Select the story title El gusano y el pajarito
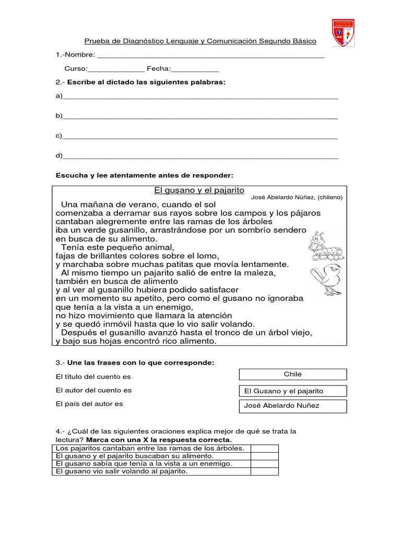199,190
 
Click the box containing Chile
293,374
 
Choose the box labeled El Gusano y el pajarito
293,391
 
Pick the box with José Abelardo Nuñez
293,406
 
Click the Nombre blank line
211,55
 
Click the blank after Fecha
195,69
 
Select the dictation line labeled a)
199,96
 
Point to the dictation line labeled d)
199,156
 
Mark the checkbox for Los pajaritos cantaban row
264,448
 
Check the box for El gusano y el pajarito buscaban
264,456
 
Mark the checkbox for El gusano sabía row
264,464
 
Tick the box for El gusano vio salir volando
264,471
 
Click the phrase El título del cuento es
93,377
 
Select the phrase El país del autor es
89,404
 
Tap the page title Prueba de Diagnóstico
200,41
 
